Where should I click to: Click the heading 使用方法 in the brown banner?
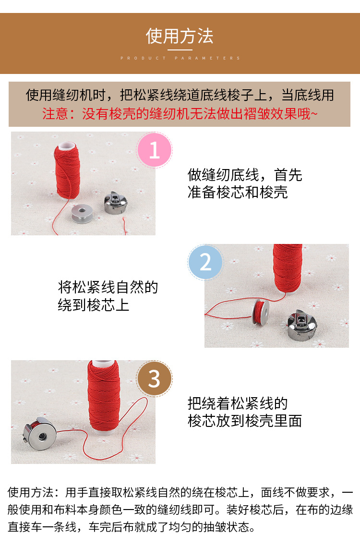(180, 36)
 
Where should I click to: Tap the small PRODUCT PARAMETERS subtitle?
(180, 58)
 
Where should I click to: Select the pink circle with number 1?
(155, 150)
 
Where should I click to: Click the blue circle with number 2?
(205, 262)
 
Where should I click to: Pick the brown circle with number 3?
(154, 379)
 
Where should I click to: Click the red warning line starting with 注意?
(180, 114)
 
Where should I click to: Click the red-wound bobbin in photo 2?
(261, 312)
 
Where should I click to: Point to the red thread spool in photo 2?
(288, 267)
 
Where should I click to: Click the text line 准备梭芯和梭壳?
(238, 193)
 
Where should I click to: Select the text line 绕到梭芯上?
(94, 305)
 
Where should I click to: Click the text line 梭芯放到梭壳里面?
(244, 421)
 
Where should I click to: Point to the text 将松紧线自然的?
(108, 287)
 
